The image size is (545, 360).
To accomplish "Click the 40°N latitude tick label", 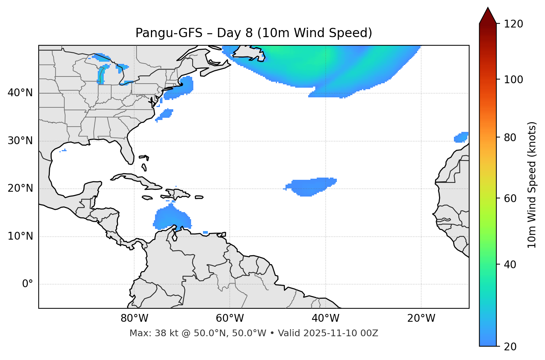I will point(20,93).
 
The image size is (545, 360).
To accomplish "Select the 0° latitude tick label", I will point(27,284).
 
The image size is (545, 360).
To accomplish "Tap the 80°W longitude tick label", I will point(134,318).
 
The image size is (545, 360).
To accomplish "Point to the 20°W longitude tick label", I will point(421,318).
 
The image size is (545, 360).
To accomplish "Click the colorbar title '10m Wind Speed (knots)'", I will point(532,185).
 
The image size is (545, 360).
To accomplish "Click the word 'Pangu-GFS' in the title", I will point(168,33).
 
